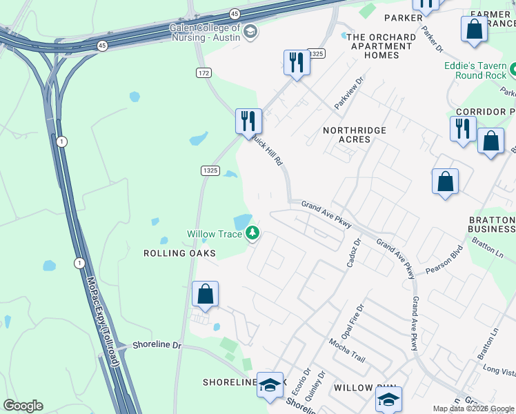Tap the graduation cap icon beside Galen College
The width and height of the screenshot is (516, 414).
(250, 31)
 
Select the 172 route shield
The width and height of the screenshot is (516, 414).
(203, 72)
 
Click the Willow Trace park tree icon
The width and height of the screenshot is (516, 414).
(253, 234)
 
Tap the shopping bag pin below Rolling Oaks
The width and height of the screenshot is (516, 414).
(206, 295)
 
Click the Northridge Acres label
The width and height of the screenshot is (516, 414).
(355, 135)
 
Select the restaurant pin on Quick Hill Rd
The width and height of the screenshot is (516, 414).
(248, 121)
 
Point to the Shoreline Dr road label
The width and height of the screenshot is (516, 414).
(157, 344)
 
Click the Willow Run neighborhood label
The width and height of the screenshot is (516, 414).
(353, 388)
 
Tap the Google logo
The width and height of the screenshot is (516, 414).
(23, 406)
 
